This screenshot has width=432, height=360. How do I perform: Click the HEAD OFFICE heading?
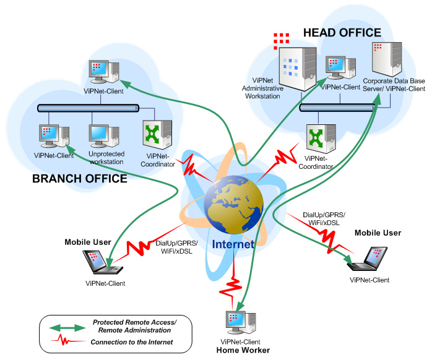click(x=342, y=32)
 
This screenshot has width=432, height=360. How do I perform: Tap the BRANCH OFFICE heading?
click(x=79, y=179)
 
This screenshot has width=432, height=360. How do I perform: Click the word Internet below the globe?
click(x=232, y=244)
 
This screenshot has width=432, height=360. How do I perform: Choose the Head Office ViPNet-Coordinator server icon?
click(x=320, y=140)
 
